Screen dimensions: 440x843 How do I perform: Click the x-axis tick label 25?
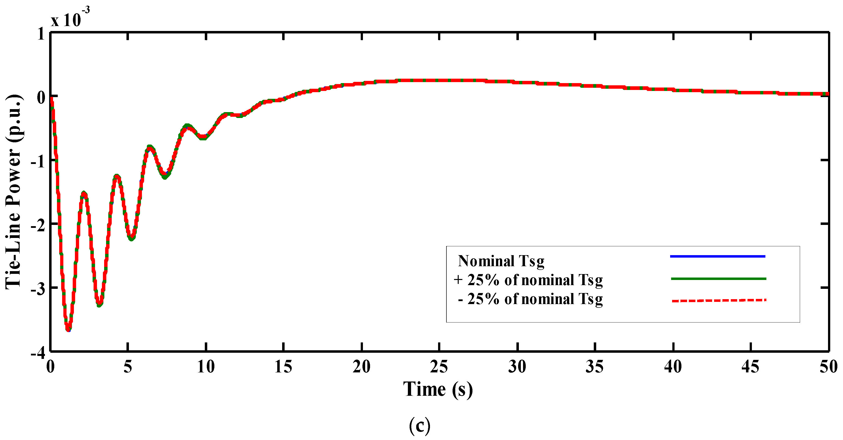click(x=439, y=367)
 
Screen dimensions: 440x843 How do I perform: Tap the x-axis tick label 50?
click(x=828, y=367)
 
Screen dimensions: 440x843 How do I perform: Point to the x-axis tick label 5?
click(x=128, y=367)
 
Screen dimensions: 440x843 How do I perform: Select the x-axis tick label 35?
click(x=594, y=367)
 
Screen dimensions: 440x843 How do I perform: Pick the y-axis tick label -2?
click(x=38, y=225)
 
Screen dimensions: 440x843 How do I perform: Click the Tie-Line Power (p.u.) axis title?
click(x=14, y=192)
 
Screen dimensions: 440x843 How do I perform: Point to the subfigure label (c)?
click(x=420, y=425)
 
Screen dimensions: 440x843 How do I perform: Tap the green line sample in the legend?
click(x=718, y=279)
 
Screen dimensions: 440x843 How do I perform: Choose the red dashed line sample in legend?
click(x=719, y=300)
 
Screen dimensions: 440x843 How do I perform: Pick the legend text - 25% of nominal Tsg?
click(x=530, y=299)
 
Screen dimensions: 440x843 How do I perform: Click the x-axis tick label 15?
click(x=283, y=367)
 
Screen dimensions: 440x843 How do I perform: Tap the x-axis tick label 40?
click(x=673, y=367)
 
